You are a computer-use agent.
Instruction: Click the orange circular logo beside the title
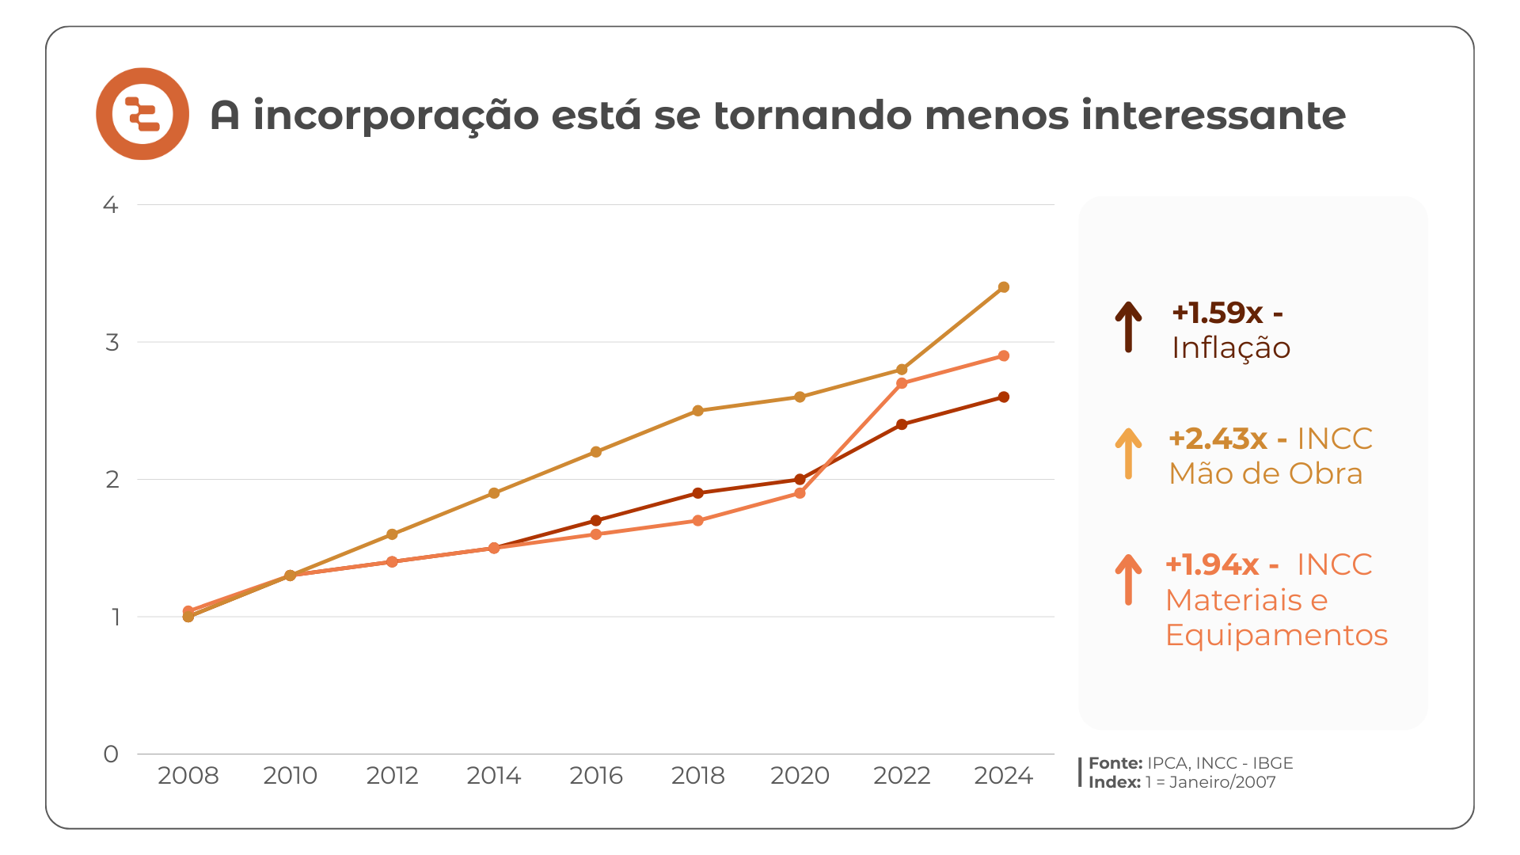(142, 114)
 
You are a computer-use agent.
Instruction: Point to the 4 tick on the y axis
(111, 205)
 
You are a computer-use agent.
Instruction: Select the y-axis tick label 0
(111, 754)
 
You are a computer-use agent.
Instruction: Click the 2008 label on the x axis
(188, 776)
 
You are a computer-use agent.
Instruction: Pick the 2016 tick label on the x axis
(596, 776)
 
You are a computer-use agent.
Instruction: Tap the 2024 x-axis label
(1003, 776)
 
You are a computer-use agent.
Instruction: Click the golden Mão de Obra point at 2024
(1004, 287)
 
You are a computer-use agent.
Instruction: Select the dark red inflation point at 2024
(1004, 397)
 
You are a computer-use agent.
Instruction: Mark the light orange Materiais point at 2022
(902, 383)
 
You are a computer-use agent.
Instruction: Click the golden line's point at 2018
(698, 411)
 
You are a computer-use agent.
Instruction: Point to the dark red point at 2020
(800, 480)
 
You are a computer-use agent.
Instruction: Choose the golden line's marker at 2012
(392, 534)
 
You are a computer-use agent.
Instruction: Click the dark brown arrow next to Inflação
(1128, 326)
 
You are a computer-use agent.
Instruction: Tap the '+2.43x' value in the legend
(1218, 439)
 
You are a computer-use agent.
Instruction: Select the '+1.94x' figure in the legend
(1212, 564)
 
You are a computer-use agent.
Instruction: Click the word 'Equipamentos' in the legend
(1276, 635)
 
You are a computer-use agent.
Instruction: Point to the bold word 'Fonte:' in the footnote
(1115, 763)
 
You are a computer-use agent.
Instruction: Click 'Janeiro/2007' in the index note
(1222, 782)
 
